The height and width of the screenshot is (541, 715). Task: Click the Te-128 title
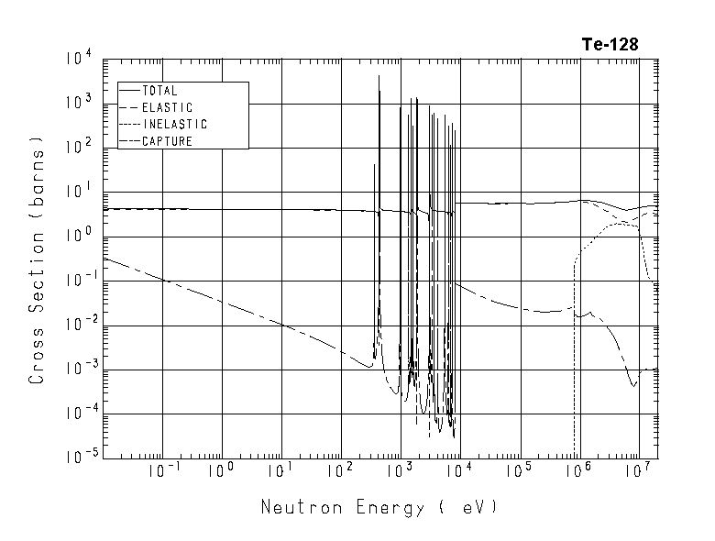(610, 44)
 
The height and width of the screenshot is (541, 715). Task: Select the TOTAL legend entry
(159, 91)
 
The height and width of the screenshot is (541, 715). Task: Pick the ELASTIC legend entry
(167, 107)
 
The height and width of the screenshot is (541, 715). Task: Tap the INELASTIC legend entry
(174, 124)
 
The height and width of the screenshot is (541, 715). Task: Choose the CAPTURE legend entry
(167, 140)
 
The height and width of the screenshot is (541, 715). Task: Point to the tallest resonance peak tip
(379, 76)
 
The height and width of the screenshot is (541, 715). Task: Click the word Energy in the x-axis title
(383, 507)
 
